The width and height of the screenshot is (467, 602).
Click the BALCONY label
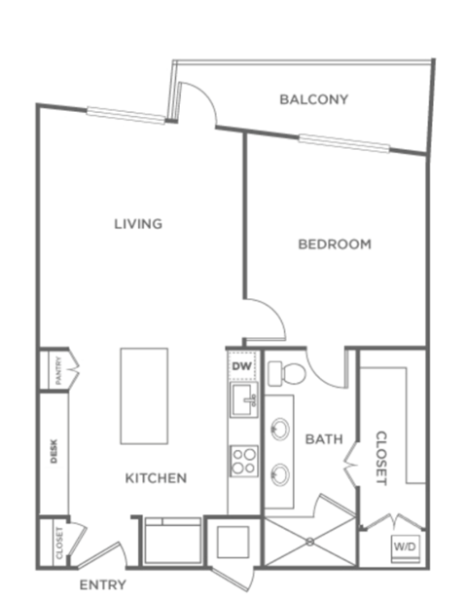[313, 99]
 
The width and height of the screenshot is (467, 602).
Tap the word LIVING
[137, 224]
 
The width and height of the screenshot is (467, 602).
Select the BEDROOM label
[334, 245]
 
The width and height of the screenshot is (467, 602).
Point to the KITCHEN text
[156, 478]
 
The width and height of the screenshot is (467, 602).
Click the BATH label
[324, 439]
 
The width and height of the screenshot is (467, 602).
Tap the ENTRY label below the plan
[102, 585]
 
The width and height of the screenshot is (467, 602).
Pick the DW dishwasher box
[241, 365]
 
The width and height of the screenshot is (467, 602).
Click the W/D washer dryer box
[406, 547]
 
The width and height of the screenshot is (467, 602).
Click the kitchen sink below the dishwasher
[242, 396]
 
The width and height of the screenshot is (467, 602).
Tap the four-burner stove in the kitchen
[242, 460]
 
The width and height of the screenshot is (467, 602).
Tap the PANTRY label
[58, 370]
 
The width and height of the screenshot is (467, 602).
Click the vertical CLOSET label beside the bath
[381, 458]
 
